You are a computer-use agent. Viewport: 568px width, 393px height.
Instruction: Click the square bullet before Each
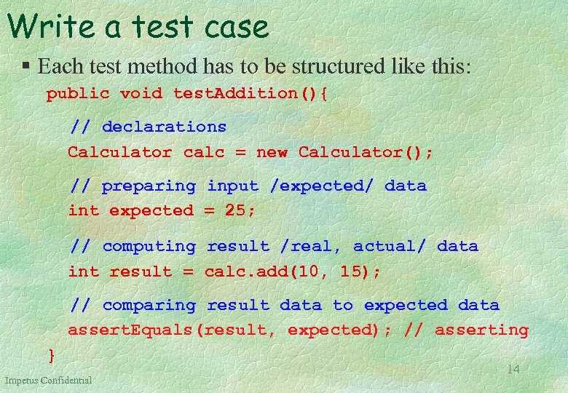(x=25, y=67)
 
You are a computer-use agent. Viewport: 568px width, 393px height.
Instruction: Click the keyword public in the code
(x=78, y=94)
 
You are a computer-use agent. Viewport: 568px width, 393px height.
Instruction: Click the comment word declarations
(x=164, y=127)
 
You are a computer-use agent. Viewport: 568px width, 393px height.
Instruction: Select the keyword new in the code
(x=272, y=153)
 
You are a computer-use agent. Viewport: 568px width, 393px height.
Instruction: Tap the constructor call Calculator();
(x=366, y=153)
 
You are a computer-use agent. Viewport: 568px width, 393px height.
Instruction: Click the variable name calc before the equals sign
(x=205, y=153)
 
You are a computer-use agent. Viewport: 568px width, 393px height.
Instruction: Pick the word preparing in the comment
(x=149, y=186)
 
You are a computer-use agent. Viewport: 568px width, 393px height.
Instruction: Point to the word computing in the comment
(x=149, y=247)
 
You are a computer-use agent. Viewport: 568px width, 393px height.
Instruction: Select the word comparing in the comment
(x=149, y=306)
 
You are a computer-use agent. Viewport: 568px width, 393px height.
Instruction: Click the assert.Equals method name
(x=131, y=330)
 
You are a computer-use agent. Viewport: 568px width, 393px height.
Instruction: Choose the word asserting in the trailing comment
(x=481, y=330)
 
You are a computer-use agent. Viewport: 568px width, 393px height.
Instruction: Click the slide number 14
(x=513, y=370)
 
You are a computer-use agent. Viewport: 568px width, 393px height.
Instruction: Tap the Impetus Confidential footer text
(x=48, y=381)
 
